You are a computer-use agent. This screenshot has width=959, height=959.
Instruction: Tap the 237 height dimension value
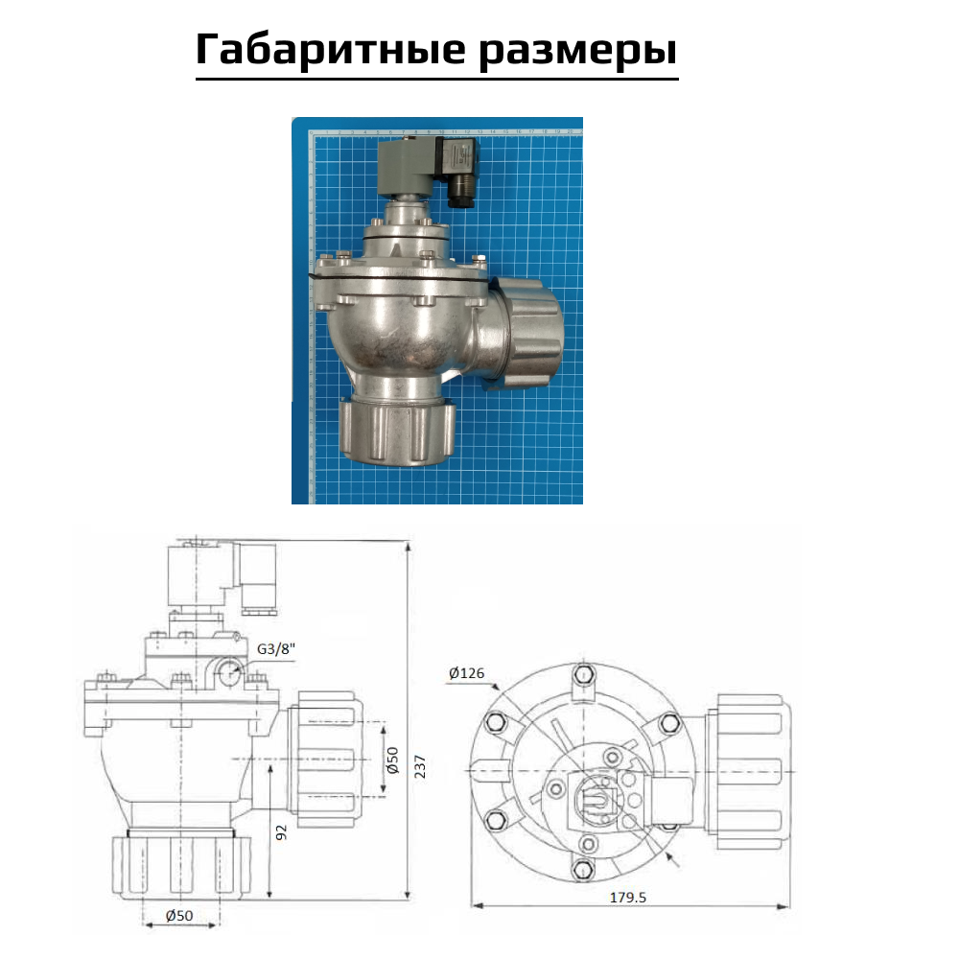point(419,766)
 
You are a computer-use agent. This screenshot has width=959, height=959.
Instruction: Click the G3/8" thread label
point(278,648)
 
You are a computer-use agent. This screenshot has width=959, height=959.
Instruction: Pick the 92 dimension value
point(281,831)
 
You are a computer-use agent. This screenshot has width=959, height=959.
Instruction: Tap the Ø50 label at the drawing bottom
point(180,916)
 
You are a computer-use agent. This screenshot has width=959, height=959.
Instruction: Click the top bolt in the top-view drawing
point(580,674)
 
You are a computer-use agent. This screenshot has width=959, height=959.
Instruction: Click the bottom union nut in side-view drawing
point(181,867)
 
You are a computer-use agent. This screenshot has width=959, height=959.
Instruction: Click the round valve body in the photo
point(393,331)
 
